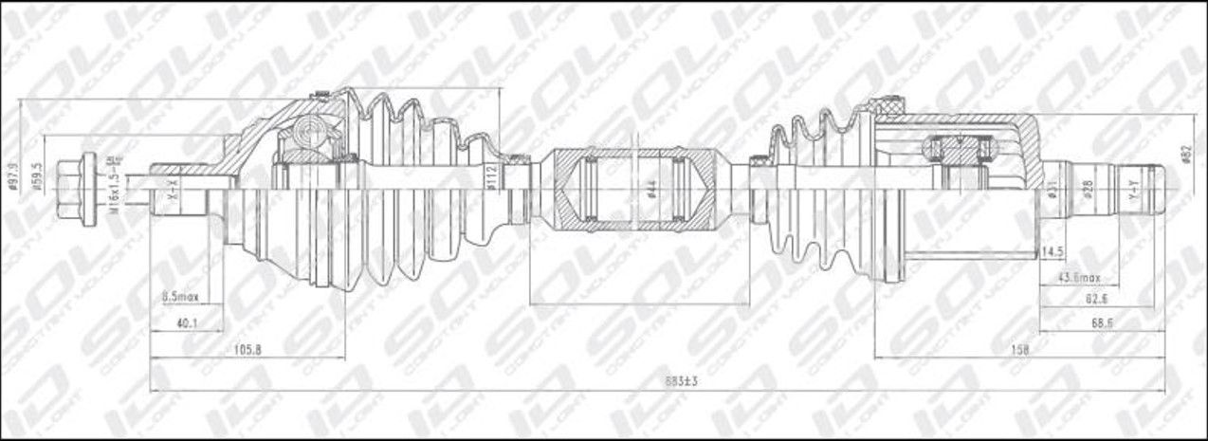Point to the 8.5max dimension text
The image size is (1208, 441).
click(x=180, y=298)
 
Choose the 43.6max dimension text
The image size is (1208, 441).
click(x=1079, y=277)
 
